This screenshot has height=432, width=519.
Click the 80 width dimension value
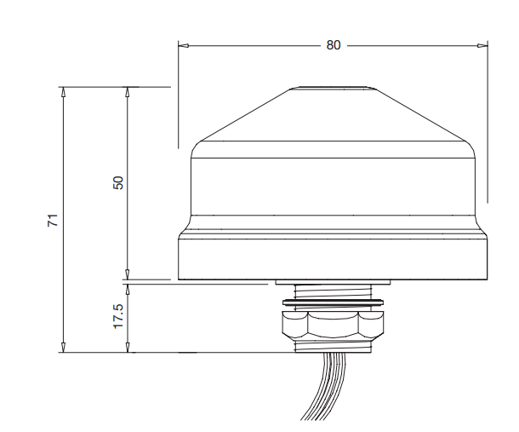(x=333, y=45)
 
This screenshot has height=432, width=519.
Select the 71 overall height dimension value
(x=52, y=220)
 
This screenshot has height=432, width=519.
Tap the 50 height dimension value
(x=118, y=182)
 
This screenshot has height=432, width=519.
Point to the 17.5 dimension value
(x=118, y=316)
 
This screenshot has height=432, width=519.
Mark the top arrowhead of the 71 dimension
(x=63, y=91)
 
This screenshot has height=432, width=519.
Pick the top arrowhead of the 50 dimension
(x=127, y=91)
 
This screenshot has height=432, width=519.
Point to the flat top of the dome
(x=333, y=87)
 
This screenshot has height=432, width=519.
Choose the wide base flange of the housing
(x=333, y=259)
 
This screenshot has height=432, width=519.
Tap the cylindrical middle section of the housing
(x=333, y=183)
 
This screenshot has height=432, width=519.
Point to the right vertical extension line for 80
(x=488, y=119)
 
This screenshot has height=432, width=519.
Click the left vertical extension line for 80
(x=178, y=94)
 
